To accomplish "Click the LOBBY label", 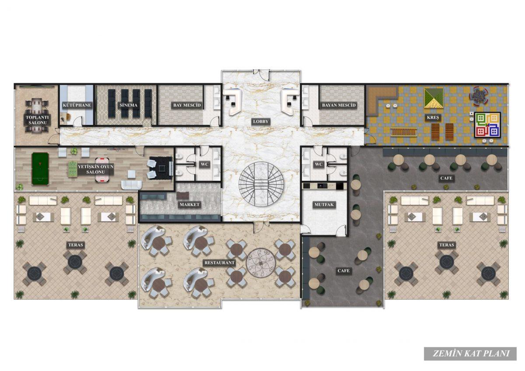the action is (x=260, y=122).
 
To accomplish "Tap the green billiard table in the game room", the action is (x=40, y=168).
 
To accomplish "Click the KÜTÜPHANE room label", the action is (x=77, y=105).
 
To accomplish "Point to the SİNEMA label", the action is (x=128, y=105).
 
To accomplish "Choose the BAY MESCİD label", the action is (x=187, y=105).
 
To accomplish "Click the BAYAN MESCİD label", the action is (x=339, y=105).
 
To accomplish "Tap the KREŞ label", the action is (x=433, y=117).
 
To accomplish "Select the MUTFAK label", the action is (x=324, y=205).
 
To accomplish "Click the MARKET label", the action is (x=189, y=205).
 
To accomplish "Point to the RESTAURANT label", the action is (x=219, y=263).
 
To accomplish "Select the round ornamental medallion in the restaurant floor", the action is (x=261, y=263).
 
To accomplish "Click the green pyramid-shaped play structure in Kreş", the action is (x=434, y=98).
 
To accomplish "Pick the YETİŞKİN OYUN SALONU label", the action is (x=96, y=169).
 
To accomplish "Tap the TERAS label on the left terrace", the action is (x=76, y=245).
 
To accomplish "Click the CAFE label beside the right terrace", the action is (x=446, y=178).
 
